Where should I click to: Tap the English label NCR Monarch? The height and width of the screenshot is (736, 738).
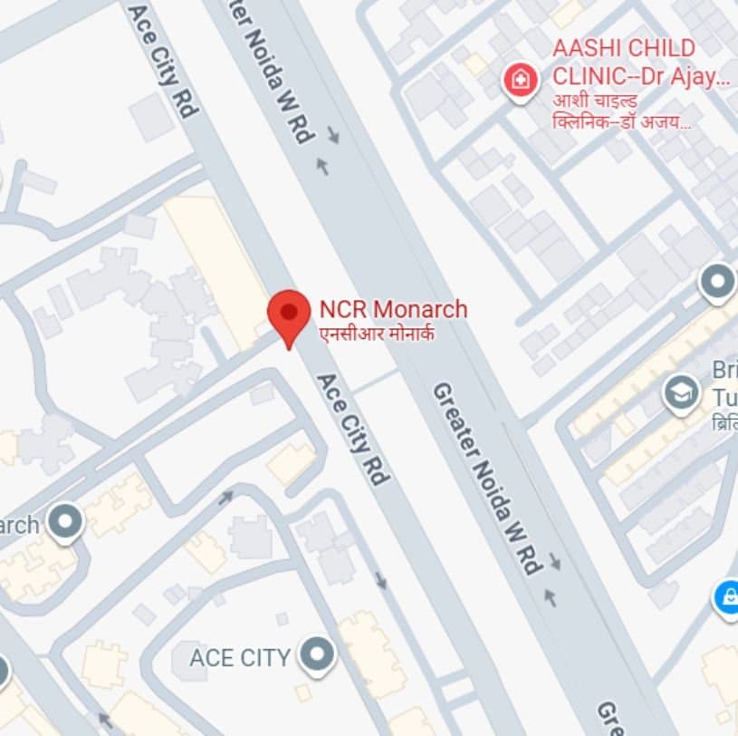(x=393, y=309)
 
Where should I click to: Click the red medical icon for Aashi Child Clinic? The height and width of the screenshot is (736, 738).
(x=520, y=80)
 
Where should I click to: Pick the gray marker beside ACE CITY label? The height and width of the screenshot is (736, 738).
(x=318, y=654)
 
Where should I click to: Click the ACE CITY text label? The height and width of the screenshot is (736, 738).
(x=239, y=658)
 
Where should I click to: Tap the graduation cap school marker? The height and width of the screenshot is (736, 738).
(x=681, y=392)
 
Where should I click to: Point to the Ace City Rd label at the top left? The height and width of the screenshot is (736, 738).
(x=162, y=59)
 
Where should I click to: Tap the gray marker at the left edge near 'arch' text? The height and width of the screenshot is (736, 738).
(x=65, y=522)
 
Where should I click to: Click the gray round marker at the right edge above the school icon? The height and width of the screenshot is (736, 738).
(x=718, y=282)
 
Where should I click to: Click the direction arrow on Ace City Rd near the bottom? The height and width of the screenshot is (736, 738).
(x=381, y=579)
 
